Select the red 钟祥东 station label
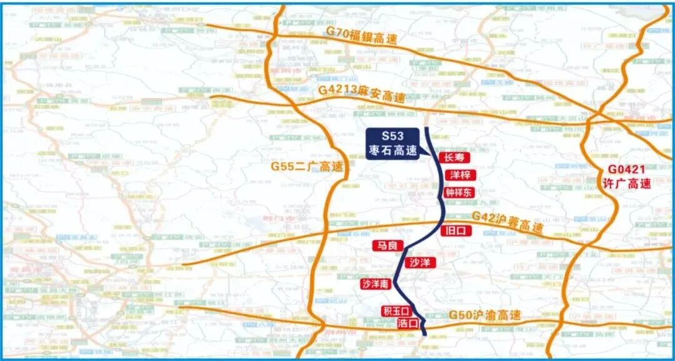click(459, 193)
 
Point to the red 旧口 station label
click(457, 230)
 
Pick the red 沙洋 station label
click(420, 262)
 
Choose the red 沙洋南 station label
click(376, 284)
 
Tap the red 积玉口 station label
click(395, 311)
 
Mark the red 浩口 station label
click(407, 323)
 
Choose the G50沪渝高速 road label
click(485, 316)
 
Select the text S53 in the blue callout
click(393, 135)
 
